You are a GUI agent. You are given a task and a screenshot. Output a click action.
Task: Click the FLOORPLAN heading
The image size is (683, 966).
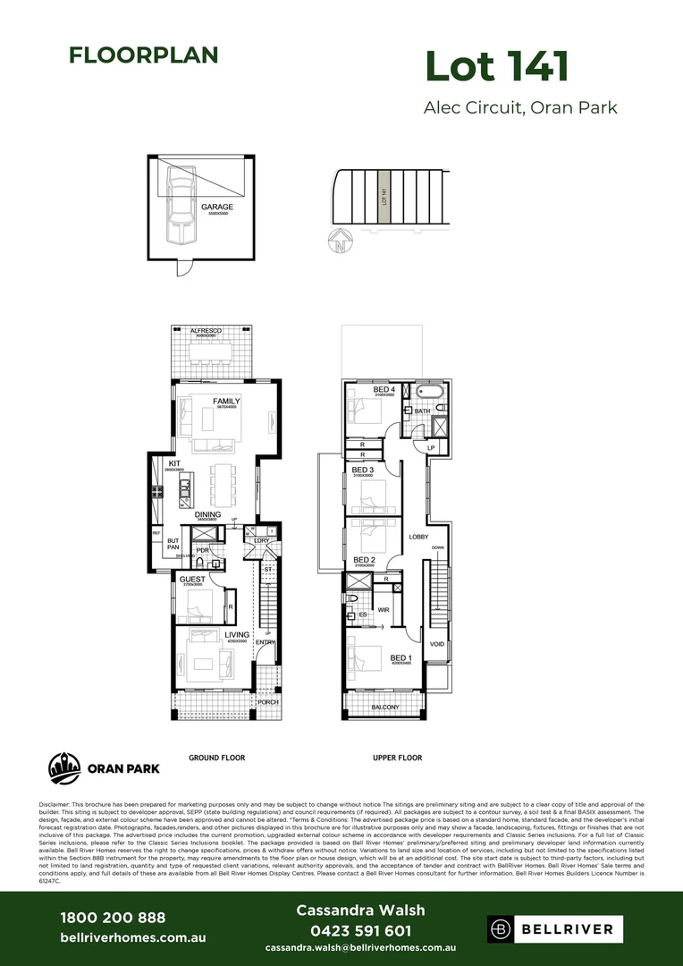tap(143, 55)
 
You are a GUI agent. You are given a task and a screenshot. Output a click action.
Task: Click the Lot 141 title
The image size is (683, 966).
tap(496, 67)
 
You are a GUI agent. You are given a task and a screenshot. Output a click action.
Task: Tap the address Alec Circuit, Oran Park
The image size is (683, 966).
tap(519, 108)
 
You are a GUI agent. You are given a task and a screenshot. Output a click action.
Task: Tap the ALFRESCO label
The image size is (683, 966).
tap(206, 331)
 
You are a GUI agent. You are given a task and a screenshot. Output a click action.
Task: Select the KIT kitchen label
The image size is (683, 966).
tap(173, 463)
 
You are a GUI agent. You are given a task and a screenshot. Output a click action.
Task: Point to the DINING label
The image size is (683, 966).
tap(208, 514)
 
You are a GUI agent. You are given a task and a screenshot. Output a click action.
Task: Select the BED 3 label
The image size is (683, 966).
tap(362, 470)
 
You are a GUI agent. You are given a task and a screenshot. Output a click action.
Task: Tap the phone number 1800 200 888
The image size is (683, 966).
tap(112, 918)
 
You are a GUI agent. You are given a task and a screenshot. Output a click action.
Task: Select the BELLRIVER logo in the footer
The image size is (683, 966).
tap(551, 929)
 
